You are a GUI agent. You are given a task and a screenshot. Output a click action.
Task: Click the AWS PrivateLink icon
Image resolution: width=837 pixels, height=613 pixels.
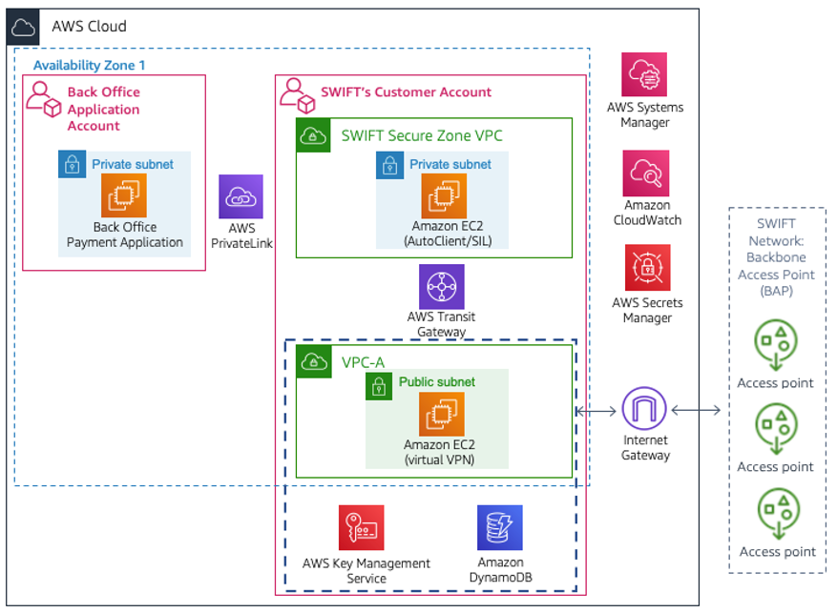240,196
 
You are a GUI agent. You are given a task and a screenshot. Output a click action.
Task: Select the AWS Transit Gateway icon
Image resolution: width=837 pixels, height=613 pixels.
441,286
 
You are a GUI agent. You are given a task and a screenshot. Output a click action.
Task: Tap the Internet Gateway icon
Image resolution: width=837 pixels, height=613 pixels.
645,410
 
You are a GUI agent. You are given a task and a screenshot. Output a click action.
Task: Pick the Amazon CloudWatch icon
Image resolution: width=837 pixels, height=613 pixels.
646,174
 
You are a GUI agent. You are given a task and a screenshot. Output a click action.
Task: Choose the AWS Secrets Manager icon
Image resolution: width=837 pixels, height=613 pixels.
647,268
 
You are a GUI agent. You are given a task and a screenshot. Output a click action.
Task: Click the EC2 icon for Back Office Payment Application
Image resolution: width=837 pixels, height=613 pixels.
124,195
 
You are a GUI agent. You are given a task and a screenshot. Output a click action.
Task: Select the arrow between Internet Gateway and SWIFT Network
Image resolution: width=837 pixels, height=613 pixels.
696,411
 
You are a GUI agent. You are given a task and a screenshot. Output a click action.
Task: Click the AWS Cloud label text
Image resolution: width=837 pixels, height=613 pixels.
89,26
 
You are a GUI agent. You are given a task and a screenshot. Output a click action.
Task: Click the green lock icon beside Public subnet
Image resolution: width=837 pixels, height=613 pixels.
379,384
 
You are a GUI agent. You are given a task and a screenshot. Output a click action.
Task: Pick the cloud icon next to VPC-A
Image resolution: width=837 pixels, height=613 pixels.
313,362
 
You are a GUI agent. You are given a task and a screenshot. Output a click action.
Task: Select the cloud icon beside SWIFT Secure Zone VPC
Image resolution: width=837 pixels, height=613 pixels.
313,135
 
